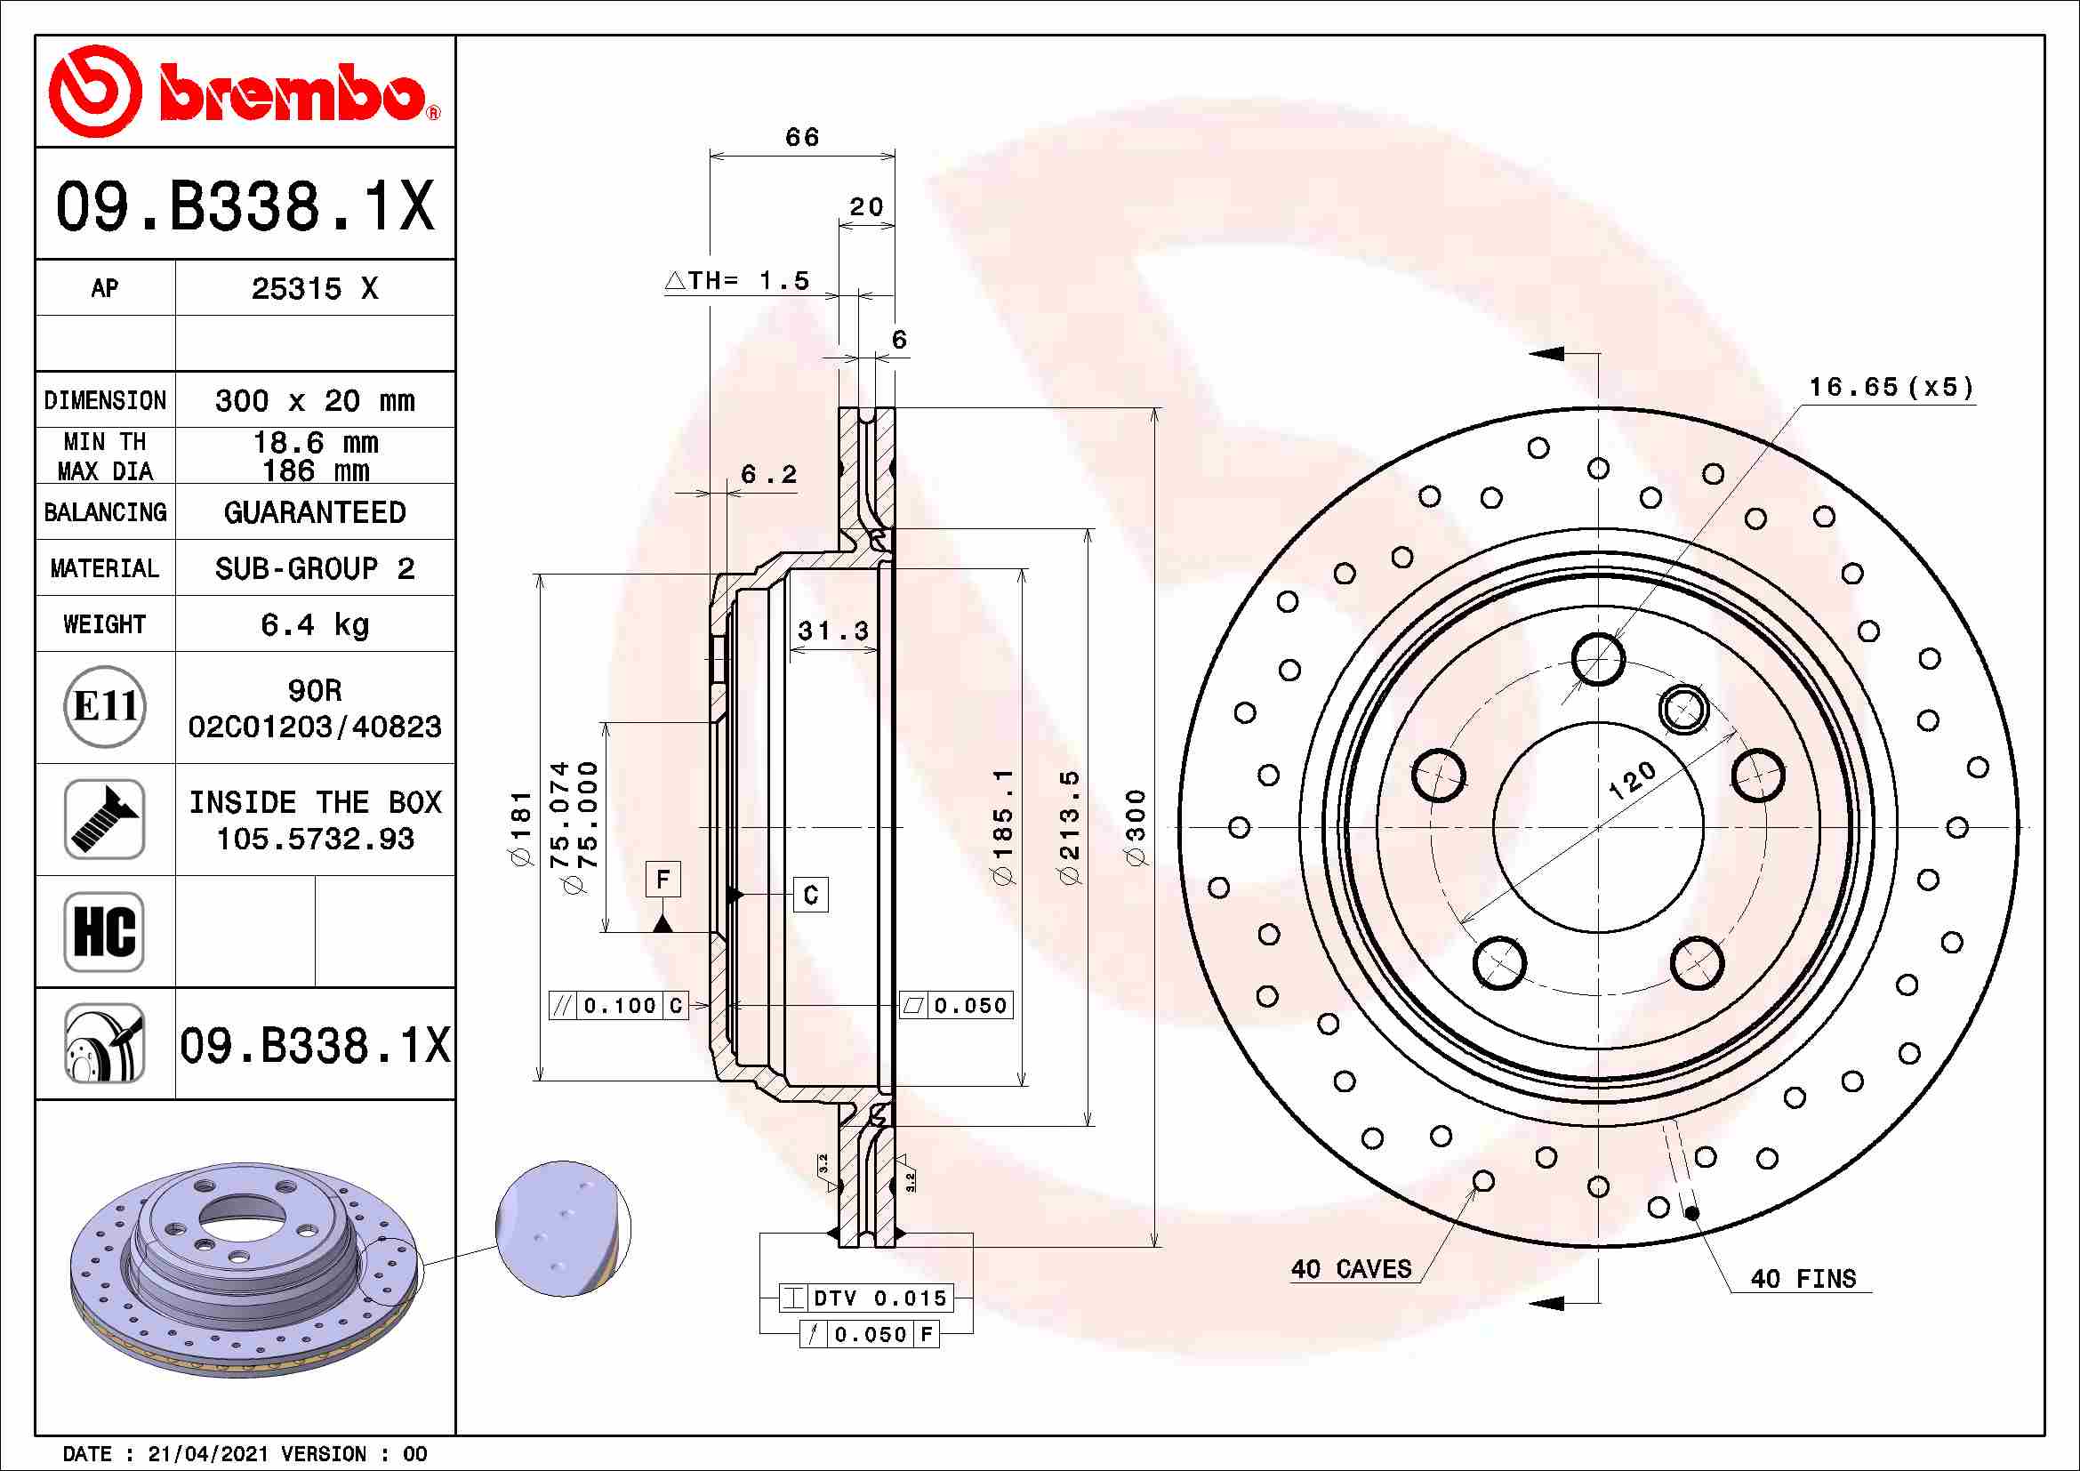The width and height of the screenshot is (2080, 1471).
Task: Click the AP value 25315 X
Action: click(314, 289)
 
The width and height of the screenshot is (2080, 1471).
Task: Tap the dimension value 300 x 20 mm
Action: click(314, 400)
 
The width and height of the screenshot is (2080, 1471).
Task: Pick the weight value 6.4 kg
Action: click(314, 624)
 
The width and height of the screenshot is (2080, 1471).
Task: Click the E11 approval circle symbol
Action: click(105, 706)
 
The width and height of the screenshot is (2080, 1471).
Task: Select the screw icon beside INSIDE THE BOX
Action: click(105, 819)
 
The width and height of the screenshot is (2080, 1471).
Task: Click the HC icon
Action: click(105, 931)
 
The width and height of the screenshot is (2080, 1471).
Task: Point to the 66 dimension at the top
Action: click(802, 138)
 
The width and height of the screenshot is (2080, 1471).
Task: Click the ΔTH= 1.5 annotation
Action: click(738, 281)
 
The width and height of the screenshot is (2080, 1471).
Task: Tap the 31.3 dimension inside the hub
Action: click(832, 631)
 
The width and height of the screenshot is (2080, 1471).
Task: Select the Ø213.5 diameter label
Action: click(1070, 827)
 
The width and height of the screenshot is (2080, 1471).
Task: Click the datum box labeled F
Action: click(663, 880)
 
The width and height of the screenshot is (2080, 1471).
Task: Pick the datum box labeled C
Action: click(811, 895)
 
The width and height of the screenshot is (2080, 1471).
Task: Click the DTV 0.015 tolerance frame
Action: click(867, 1298)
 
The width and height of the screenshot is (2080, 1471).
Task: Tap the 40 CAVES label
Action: click(1351, 1269)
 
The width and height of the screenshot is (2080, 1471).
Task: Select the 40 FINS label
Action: click(1803, 1279)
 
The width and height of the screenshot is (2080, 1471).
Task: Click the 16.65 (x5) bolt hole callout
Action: click(1891, 388)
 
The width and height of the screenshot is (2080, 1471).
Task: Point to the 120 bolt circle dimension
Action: click(1632, 780)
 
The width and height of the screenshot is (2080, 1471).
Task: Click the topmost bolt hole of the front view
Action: click(1598, 658)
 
